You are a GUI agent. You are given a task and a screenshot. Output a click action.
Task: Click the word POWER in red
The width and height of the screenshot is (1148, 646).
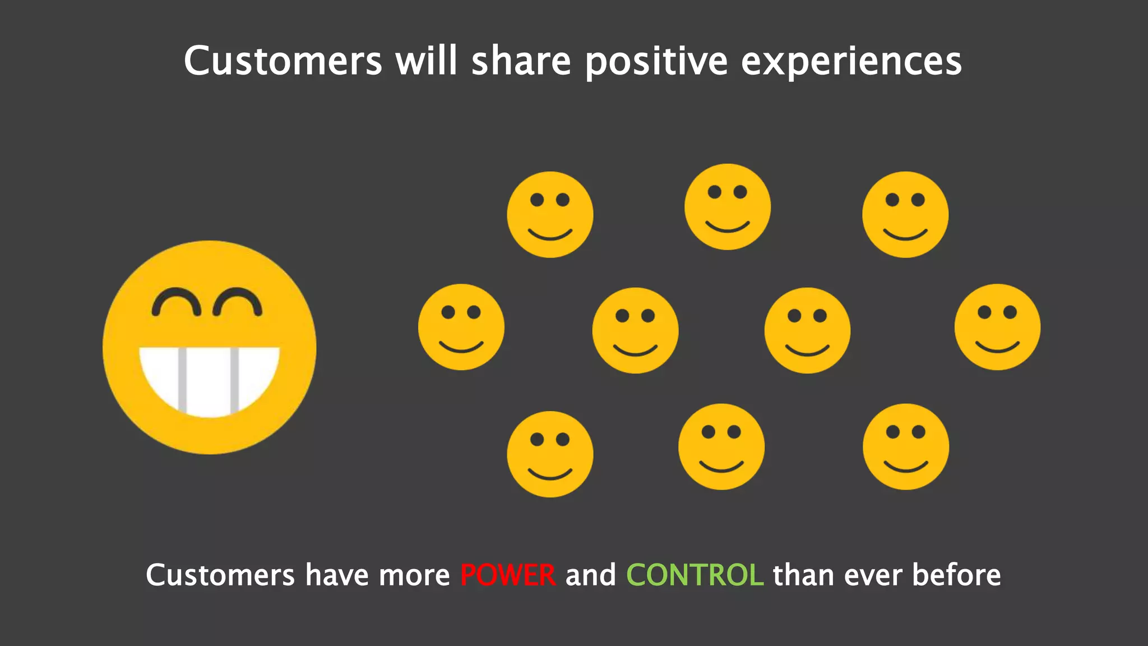point(508,575)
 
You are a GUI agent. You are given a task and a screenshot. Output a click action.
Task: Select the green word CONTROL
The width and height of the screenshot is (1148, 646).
point(695,575)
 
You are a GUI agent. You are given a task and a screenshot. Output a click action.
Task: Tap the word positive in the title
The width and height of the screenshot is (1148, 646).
point(656,62)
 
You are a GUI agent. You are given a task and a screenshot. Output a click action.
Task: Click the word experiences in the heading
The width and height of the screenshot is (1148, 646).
point(851,62)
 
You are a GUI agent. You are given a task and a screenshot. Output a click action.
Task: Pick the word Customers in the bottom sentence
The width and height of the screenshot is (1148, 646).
point(220,575)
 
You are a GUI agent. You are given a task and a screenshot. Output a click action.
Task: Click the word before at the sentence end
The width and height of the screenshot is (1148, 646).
point(956,575)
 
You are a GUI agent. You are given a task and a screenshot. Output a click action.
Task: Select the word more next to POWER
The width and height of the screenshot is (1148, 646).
point(414,575)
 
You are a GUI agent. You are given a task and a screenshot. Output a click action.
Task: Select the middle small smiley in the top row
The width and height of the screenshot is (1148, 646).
point(728,207)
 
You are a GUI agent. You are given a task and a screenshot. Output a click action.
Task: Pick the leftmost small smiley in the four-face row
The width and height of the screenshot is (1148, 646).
point(461,327)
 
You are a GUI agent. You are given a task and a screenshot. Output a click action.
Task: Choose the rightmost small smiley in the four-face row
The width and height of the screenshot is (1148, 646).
point(997,327)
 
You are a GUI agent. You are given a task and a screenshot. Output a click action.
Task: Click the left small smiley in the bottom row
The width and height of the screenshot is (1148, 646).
point(550,454)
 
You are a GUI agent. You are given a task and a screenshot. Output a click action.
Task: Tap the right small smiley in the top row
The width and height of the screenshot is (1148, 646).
point(905,215)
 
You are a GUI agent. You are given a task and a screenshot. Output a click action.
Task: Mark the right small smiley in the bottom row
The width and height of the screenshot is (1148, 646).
point(906,447)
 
